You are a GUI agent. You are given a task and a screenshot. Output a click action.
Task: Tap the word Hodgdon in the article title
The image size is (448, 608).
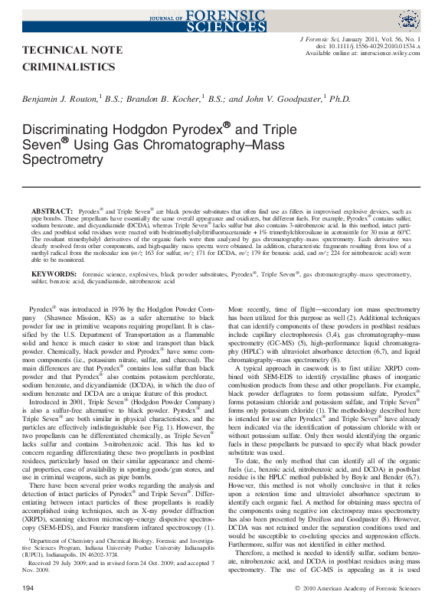tap(139, 131)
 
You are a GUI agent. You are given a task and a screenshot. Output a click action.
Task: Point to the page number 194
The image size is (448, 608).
tap(29, 587)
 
